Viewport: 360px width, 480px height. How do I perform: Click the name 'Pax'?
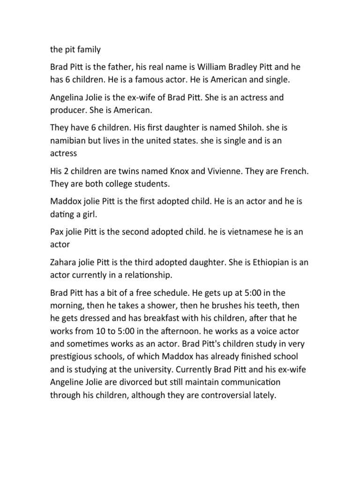pos(57,233)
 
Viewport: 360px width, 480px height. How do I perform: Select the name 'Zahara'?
pos(64,263)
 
